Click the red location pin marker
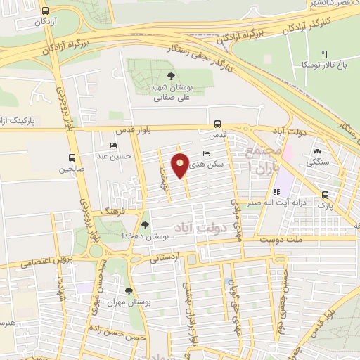pyautogui.click(x=180, y=165)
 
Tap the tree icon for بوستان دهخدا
pyautogui.click(x=145, y=226)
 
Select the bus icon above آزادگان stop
pyautogui.click(x=46, y=11)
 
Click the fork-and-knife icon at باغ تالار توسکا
pyautogui.click(x=324, y=53)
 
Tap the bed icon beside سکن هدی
pyautogui.click(x=205, y=153)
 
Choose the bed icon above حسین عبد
pyautogui.click(x=114, y=145)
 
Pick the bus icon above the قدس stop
pyautogui.click(x=217, y=122)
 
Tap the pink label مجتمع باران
pyautogui.click(x=264, y=160)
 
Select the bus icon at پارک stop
pyautogui.click(x=324, y=195)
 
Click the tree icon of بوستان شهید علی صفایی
pyautogui.click(x=172, y=76)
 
